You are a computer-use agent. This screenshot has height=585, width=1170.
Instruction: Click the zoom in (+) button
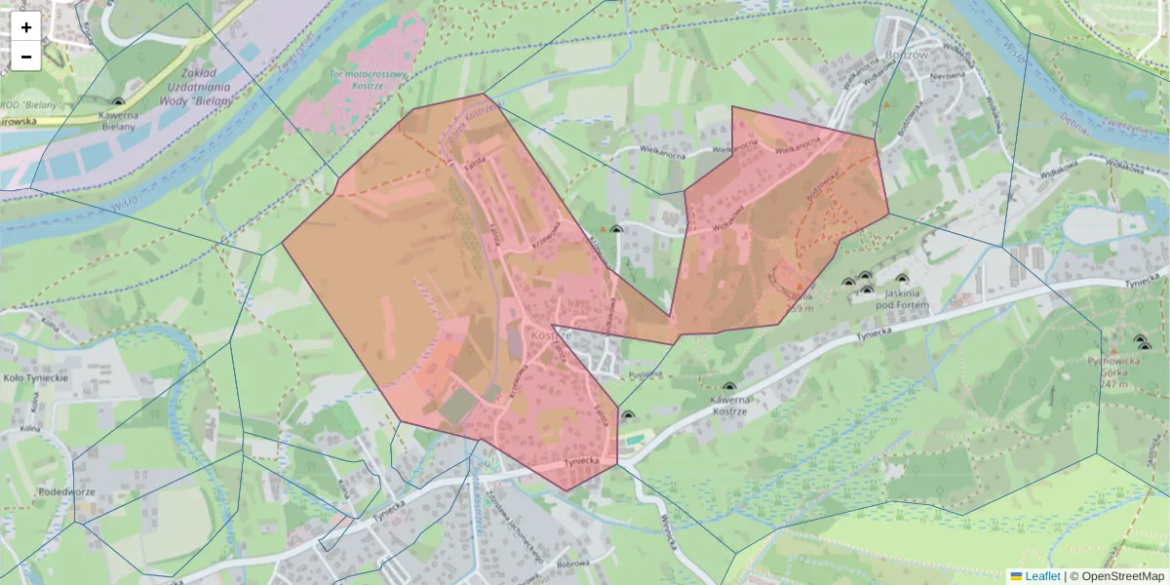point(26,27)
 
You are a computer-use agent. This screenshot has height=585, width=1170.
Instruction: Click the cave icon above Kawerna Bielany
point(119,101)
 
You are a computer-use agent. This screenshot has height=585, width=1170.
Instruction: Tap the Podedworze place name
point(66,492)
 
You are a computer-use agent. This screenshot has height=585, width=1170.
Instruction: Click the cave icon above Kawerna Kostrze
point(729,387)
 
